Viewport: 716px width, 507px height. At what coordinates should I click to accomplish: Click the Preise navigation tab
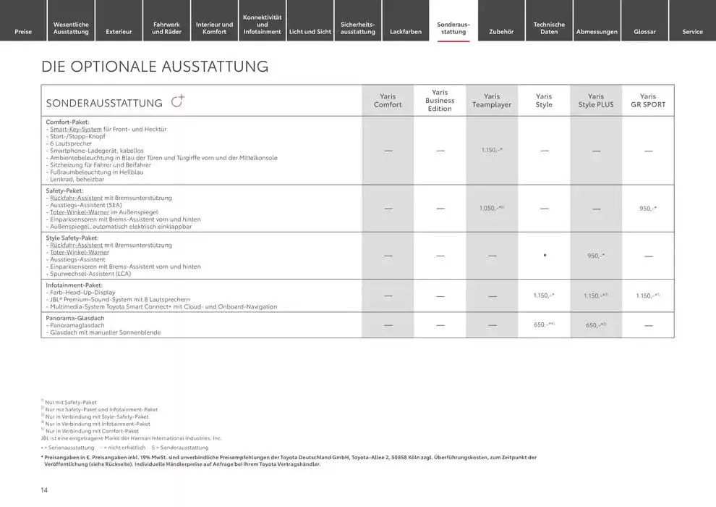click(x=23, y=31)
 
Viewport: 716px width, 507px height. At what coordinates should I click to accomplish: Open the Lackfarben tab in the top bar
click(x=405, y=31)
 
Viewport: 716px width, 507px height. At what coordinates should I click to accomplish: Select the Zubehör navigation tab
click(x=501, y=31)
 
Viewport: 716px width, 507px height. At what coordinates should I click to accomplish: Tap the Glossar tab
click(x=644, y=31)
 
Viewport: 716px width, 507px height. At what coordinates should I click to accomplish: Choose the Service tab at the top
click(x=692, y=31)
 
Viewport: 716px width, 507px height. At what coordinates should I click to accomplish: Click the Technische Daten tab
click(x=549, y=28)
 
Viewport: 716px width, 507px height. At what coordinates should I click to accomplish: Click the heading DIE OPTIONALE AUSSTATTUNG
click(x=155, y=67)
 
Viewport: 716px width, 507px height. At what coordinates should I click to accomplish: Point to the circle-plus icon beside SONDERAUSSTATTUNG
click(x=177, y=101)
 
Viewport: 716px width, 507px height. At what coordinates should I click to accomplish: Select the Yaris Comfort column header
click(x=388, y=101)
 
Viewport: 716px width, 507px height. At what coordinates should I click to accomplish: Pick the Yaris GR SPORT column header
click(x=648, y=101)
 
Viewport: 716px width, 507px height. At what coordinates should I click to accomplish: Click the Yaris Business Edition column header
click(x=440, y=101)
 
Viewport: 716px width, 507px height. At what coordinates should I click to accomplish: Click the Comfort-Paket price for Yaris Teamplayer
click(x=492, y=150)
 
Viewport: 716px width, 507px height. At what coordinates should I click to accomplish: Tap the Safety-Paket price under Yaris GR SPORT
click(x=648, y=209)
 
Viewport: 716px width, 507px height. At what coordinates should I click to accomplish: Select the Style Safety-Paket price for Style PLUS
click(x=596, y=256)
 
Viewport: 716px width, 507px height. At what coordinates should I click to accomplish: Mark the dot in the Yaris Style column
click(x=544, y=255)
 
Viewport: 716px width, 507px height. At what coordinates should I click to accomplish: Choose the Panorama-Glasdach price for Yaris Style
click(x=544, y=324)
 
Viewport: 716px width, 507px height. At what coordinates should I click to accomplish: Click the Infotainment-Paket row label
click(x=74, y=285)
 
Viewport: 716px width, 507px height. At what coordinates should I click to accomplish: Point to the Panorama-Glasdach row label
click(x=75, y=318)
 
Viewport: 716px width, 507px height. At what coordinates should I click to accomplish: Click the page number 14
click(x=44, y=490)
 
